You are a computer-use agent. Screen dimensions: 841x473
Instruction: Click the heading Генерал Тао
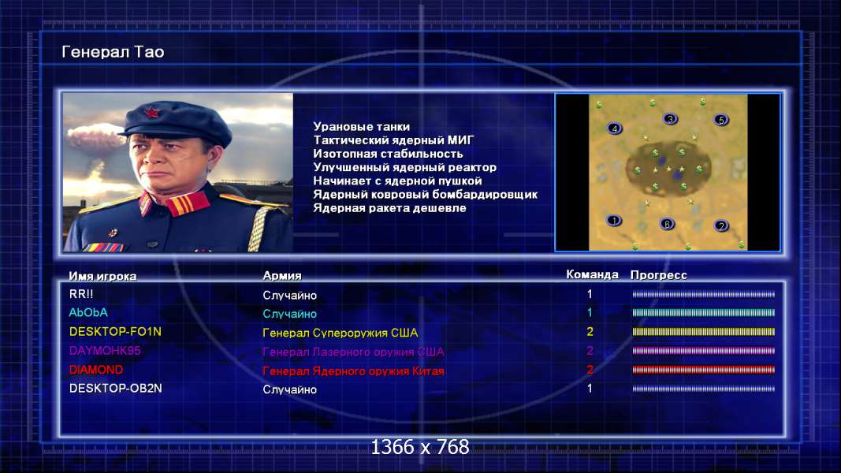point(113,52)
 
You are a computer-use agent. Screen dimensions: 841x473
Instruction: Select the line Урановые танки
point(362,127)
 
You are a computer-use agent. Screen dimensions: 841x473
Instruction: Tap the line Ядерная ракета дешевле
point(389,208)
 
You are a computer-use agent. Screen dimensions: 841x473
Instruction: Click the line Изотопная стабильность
point(388,154)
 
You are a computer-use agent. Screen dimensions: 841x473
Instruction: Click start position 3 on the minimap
point(670,118)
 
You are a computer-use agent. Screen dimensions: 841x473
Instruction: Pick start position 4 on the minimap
point(614,128)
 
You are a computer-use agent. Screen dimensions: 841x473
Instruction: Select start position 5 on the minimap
point(721,120)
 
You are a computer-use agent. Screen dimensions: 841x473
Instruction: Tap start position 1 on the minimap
point(614,220)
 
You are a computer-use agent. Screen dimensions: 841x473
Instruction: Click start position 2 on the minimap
point(721,225)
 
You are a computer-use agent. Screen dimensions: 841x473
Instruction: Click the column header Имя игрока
point(102,276)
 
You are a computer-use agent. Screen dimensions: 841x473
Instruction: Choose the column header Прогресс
point(659,275)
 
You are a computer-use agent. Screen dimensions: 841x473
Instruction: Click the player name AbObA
point(88,313)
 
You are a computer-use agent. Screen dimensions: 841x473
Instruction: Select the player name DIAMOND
point(96,370)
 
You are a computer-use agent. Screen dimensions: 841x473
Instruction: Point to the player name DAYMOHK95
point(105,351)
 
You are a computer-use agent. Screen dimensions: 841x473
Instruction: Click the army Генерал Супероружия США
point(340,333)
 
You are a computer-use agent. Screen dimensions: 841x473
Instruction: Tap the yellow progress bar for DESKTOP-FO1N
point(704,332)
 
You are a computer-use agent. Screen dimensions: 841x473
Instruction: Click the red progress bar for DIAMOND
point(704,370)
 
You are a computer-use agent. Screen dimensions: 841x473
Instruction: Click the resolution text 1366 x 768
point(420,447)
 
